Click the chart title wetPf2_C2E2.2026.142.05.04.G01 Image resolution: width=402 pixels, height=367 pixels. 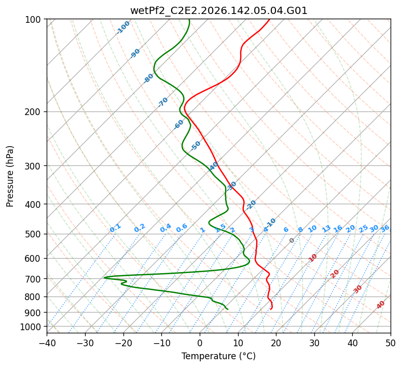tap(219, 11)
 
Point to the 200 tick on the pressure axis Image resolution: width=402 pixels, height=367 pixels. tap(34, 112)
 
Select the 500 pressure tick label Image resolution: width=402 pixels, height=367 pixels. tap(34, 234)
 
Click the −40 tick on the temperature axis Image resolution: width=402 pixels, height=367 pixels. tap(47, 343)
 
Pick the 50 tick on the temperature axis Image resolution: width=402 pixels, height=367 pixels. tap(391, 343)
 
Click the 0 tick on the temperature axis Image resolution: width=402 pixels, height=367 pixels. tap(200, 343)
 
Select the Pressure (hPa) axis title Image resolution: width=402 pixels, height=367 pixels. tap(10, 176)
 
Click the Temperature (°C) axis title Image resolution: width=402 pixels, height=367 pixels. tap(219, 356)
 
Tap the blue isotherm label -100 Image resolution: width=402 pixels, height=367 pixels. tap(123, 27)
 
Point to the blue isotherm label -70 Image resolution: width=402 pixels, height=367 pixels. tap(163, 102)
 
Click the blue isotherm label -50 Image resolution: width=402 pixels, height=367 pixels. tap(196, 146)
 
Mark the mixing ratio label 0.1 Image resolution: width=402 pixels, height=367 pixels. tap(115, 228)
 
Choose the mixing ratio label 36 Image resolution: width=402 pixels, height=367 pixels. tap(385, 229)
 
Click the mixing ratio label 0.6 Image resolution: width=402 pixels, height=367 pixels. tap(182, 228)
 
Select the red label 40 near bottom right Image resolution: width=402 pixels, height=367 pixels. tap(380, 305)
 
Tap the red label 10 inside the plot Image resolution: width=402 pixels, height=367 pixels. tap(313, 258)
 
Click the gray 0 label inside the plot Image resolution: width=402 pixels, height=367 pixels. tap(292, 241)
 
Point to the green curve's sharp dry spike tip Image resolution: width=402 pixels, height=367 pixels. tap(104, 277)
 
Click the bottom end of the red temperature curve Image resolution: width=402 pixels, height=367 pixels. tap(270, 309)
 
